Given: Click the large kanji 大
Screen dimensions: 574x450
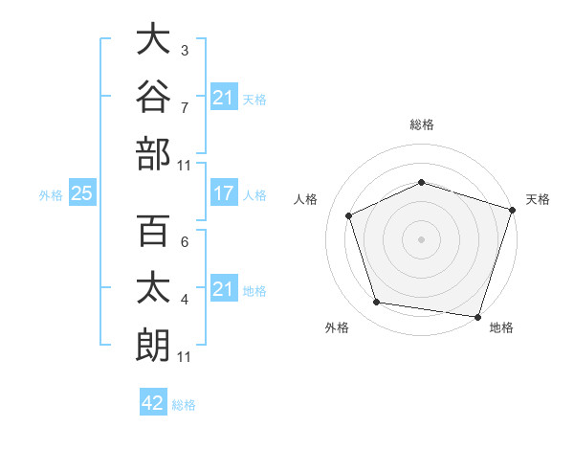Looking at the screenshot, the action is [x=153, y=38].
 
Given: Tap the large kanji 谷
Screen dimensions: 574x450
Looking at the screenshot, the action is [x=153, y=96].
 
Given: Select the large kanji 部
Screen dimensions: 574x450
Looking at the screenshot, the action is [x=153, y=154].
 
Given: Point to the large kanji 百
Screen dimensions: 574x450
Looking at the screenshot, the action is [x=153, y=230].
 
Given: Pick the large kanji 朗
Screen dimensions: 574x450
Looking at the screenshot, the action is [x=153, y=346].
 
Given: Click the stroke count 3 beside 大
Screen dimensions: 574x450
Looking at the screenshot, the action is [x=185, y=51].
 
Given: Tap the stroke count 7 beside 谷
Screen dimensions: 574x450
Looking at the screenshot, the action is [x=185, y=108].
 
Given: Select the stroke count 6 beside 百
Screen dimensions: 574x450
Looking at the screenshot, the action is [x=185, y=242].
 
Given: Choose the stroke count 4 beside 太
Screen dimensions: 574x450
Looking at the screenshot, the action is [x=185, y=300].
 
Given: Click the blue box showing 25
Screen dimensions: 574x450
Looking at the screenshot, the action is [x=82, y=192].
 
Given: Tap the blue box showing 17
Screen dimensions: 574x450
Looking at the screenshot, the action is [x=224, y=192].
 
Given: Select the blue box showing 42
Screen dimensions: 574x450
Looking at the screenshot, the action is [x=153, y=401].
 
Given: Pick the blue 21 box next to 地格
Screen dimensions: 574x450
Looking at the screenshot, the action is [x=224, y=287].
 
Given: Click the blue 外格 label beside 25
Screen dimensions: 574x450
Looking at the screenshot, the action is [x=51, y=195].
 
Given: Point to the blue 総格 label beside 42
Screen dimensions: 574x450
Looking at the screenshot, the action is [x=184, y=405].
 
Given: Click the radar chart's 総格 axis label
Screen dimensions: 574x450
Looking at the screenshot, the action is [x=422, y=124].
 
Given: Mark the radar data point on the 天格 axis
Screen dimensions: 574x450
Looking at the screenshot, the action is [x=513, y=210].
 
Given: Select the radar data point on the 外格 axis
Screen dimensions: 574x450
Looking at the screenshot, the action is [x=376, y=302].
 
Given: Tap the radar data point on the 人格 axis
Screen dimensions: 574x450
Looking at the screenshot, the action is [x=348, y=215].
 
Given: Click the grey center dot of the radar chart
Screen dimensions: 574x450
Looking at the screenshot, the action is [x=421, y=239].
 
